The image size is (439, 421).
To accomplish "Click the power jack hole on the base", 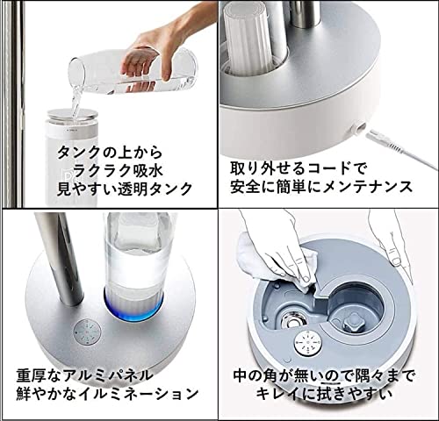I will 358,125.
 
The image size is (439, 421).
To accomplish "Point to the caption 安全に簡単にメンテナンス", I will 320,187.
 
